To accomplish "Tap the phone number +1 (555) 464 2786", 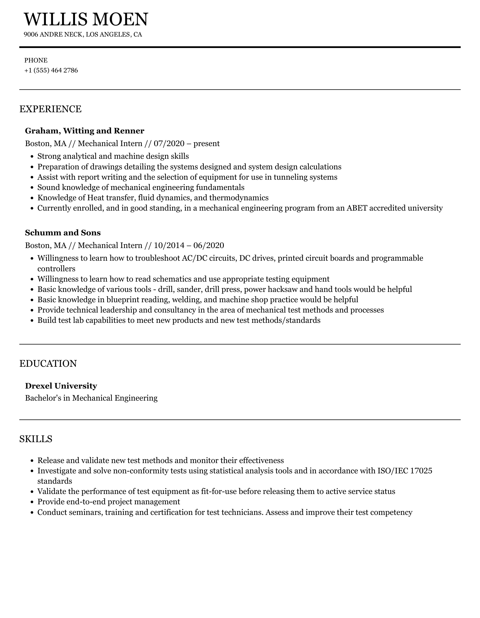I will coord(51,70).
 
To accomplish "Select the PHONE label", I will coord(36,60).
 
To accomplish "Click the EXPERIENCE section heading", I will coord(50,109).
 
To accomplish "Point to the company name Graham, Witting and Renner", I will coord(85,131).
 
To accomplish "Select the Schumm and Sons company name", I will coord(63,233).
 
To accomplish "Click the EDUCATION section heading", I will coord(48,363).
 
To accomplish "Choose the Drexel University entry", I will coord(61,386).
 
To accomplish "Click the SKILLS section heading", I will coord(36,439).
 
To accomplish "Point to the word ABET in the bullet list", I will coord(356,208).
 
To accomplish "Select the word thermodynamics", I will coord(239,198).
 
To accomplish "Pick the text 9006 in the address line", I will coord(31,35).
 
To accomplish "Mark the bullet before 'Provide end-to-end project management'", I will coord(32,502).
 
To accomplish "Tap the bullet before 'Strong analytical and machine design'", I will coord(32,157).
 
